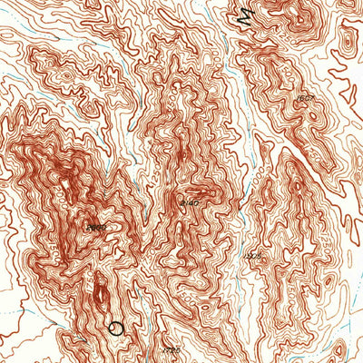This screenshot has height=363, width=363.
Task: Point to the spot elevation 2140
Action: pos(190,202)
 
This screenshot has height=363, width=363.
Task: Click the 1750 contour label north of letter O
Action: pos(109,272)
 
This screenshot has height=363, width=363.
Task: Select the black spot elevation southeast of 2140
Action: pos(254,257)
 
